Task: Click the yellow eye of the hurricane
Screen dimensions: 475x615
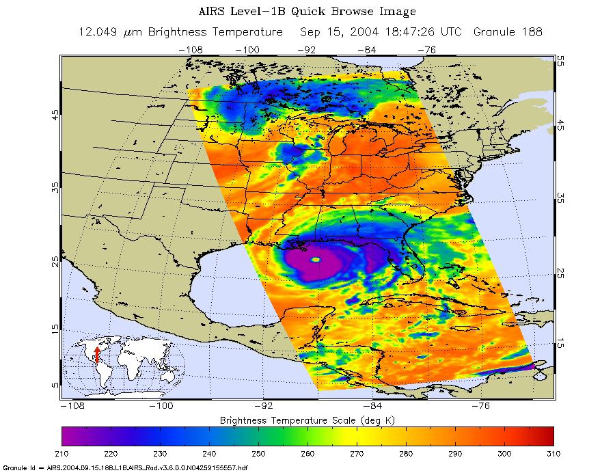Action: pos(315,260)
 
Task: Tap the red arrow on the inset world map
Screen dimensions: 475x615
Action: pos(97,354)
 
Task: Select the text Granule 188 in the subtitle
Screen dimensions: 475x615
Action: pos(512,32)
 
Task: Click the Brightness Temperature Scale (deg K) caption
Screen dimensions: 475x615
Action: pos(307,418)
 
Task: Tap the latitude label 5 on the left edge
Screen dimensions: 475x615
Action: pos(55,385)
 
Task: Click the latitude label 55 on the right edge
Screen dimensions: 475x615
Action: pos(560,61)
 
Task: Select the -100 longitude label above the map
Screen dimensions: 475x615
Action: pos(251,49)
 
